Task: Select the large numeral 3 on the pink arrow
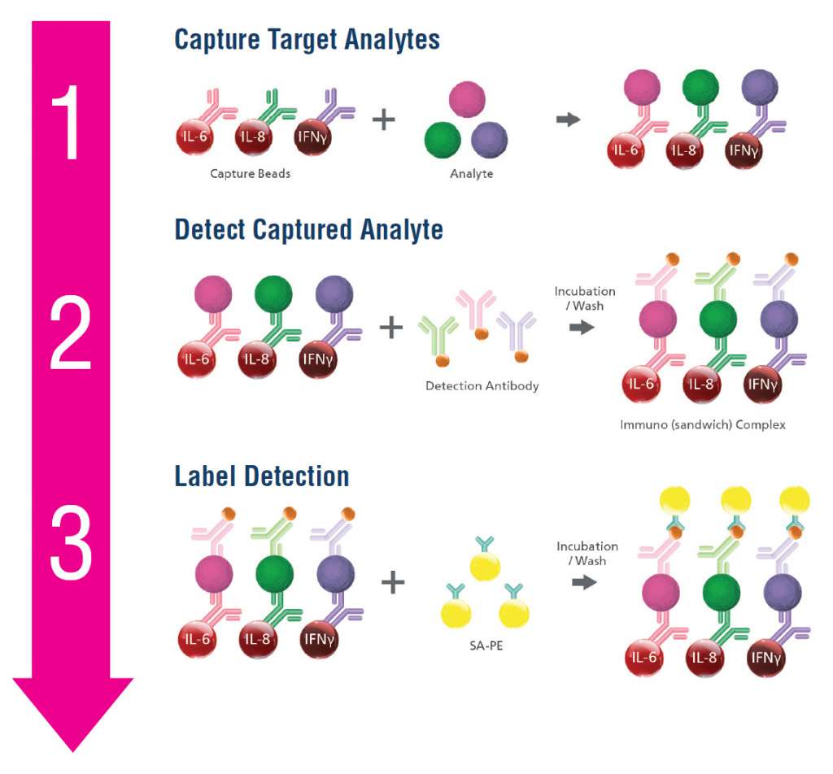click(x=71, y=543)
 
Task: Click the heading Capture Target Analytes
click(x=307, y=39)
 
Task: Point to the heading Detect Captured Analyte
click(x=309, y=229)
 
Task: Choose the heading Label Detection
click(x=262, y=476)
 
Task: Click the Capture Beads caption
click(x=250, y=173)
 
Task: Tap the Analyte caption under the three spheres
click(x=472, y=173)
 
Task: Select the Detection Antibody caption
click(x=482, y=385)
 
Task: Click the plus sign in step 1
click(x=383, y=120)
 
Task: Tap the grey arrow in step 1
click(x=568, y=120)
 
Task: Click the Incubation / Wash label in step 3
click(x=587, y=554)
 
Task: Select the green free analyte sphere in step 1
click(x=443, y=139)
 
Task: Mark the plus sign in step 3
click(x=393, y=582)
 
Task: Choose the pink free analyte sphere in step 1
click(x=467, y=99)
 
